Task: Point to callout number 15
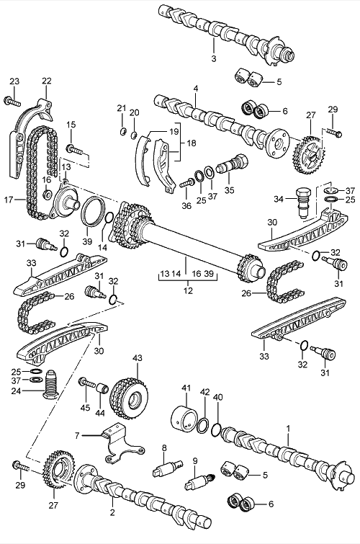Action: tap(71, 125)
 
